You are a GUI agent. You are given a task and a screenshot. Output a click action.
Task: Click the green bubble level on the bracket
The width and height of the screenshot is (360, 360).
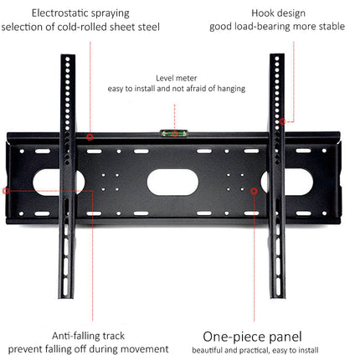(174, 133)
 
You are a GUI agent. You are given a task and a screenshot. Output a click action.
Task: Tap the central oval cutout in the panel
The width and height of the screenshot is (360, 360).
(172, 182)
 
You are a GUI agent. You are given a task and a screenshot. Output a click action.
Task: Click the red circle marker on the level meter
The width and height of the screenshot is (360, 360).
(175, 133)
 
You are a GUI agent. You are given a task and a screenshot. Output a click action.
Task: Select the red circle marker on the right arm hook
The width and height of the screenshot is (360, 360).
(282, 121)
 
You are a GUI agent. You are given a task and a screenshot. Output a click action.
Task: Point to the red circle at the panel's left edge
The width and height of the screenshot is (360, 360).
(6, 191)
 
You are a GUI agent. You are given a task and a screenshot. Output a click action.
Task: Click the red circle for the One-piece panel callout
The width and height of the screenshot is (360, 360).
(254, 191)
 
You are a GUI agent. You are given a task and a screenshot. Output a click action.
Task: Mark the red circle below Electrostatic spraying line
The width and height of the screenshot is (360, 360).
(90, 137)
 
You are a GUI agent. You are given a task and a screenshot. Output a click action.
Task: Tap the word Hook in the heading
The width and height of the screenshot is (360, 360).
(261, 13)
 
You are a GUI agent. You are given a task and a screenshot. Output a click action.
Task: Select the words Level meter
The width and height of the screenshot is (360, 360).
(177, 78)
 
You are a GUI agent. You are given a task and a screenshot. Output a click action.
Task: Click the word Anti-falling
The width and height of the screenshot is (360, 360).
(74, 336)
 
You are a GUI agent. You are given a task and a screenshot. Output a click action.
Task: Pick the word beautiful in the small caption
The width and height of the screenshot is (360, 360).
(207, 350)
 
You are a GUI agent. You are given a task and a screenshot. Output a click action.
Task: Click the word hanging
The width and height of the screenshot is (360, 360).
(231, 89)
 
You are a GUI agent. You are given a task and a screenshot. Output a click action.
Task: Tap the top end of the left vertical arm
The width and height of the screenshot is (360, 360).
(68, 55)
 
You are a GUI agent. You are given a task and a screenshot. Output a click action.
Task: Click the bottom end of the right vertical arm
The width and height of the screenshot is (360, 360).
(277, 296)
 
